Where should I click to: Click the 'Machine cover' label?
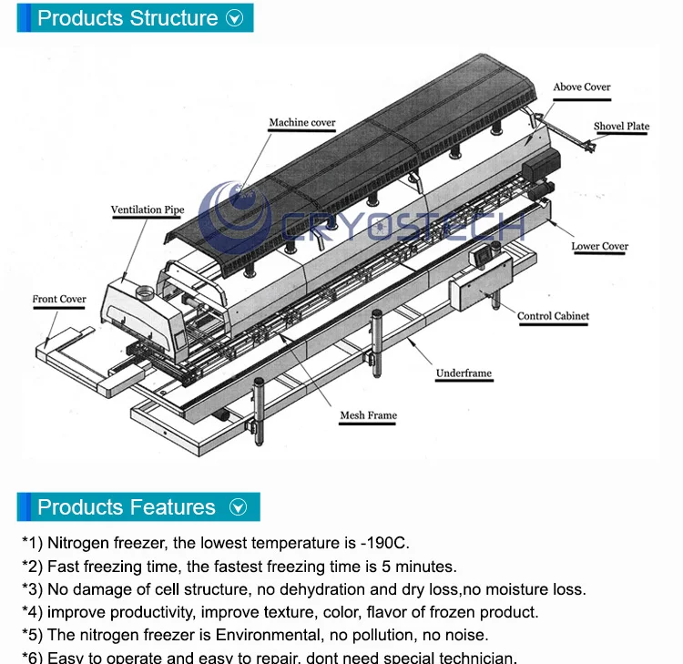click(x=301, y=123)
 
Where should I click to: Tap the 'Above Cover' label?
click(x=582, y=87)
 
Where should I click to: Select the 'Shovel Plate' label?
click(x=621, y=127)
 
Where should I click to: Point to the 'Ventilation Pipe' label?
click(x=148, y=210)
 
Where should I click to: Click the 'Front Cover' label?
click(x=59, y=299)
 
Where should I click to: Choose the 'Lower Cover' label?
click(x=599, y=246)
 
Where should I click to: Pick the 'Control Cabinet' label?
click(x=553, y=317)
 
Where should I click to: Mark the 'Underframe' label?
click(x=464, y=373)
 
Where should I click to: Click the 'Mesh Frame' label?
click(x=368, y=415)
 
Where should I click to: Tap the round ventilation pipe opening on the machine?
click(x=144, y=292)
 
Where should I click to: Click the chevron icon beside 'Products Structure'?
click(x=235, y=18)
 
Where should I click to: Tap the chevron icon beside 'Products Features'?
click(x=239, y=507)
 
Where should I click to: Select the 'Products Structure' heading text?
click(x=127, y=18)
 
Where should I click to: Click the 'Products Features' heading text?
click(x=127, y=507)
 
